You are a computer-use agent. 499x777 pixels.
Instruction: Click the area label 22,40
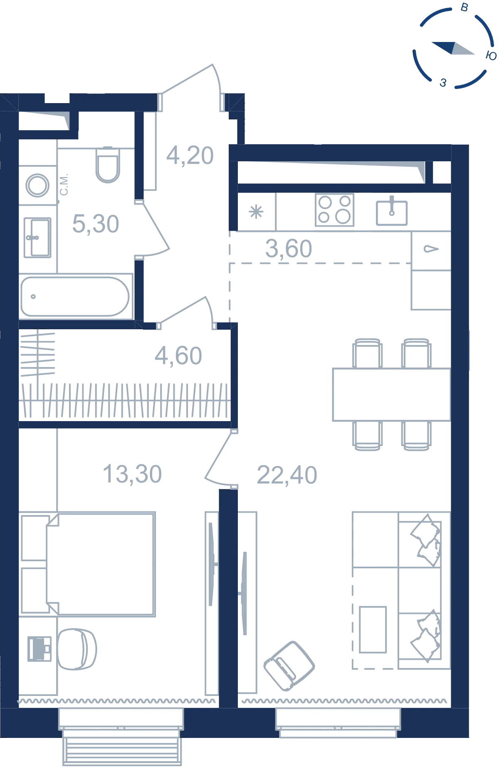(287, 475)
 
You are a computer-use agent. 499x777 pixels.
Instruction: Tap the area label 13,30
(132, 474)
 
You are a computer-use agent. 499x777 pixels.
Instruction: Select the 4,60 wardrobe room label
(178, 356)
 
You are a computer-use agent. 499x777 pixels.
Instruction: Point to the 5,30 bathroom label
(96, 224)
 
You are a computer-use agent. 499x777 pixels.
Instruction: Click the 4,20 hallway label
(190, 155)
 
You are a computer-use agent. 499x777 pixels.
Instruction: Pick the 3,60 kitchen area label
(289, 249)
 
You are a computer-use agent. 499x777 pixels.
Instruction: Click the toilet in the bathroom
(108, 165)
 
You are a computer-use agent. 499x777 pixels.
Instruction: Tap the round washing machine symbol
(37, 185)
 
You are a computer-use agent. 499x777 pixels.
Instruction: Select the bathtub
(75, 296)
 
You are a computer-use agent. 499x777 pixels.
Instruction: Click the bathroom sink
(37, 238)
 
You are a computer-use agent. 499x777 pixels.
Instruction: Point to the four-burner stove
(334, 210)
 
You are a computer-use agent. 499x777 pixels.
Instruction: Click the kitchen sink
(392, 213)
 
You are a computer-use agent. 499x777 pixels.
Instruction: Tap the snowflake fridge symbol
(256, 212)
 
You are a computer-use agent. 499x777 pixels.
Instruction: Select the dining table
(391, 395)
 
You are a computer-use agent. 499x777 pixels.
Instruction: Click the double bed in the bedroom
(100, 564)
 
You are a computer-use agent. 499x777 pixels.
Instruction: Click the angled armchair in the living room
(289, 666)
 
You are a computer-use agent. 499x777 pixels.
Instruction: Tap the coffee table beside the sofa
(373, 629)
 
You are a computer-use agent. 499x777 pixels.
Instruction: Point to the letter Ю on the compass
(491, 56)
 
